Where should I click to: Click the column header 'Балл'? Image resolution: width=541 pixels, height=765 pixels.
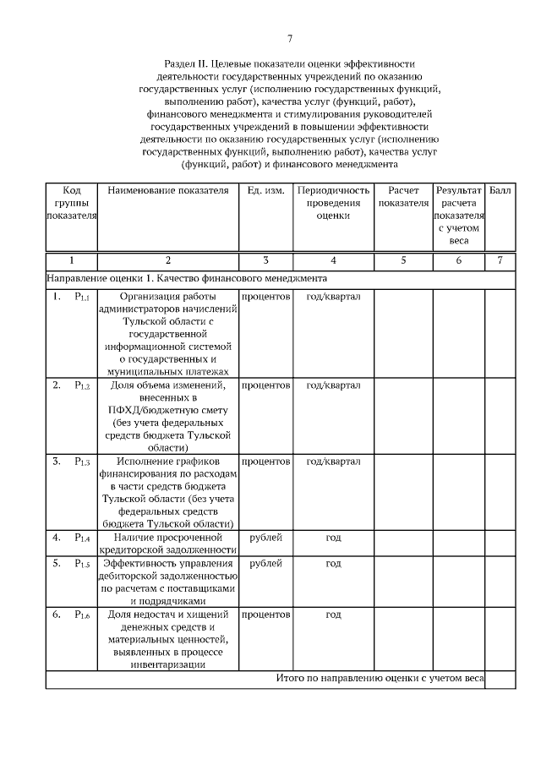coord(500,191)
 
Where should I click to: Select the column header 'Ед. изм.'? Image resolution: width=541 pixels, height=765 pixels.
coord(265,191)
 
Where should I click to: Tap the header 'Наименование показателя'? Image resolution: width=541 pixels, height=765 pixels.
coord(168,191)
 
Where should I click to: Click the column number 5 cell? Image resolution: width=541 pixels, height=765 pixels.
coord(403,260)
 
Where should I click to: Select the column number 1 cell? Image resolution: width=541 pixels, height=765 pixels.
coord(71,260)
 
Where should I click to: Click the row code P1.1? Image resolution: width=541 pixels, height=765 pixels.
coord(82,297)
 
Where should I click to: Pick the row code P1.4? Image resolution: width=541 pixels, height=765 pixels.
coord(82,537)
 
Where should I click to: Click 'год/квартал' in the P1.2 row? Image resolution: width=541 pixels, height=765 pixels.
coord(333,385)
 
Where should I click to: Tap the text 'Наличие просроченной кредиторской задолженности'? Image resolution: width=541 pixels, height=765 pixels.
coord(168,544)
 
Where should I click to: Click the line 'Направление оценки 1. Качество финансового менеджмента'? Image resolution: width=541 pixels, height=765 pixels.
coord(187,278)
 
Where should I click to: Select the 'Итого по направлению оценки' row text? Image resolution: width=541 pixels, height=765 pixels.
coord(380,678)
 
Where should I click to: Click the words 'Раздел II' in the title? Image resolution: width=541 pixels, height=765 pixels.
coord(189,64)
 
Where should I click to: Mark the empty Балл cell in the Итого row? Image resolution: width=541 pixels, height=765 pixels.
coord(500,679)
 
